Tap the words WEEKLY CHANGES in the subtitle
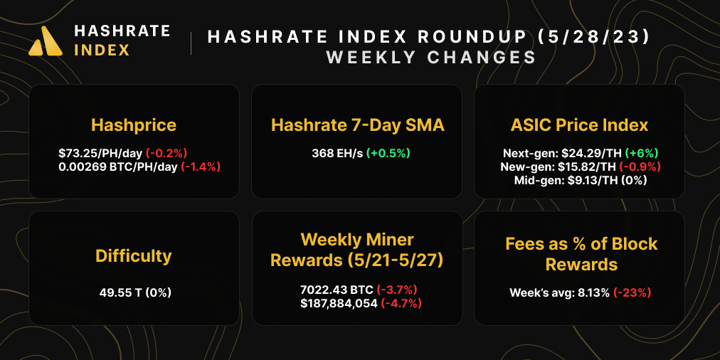tap(430, 58)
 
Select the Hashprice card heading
tap(134, 125)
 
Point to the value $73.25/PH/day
tap(100, 153)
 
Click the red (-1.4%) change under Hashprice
tap(201, 167)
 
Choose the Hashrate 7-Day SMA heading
tap(358, 125)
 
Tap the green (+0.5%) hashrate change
tap(388, 153)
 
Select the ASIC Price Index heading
tap(579, 125)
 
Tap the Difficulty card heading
tap(134, 255)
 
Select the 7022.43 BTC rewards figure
tap(337, 290)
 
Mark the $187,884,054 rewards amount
tap(339, 303)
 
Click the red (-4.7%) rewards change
tap(402, 303)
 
